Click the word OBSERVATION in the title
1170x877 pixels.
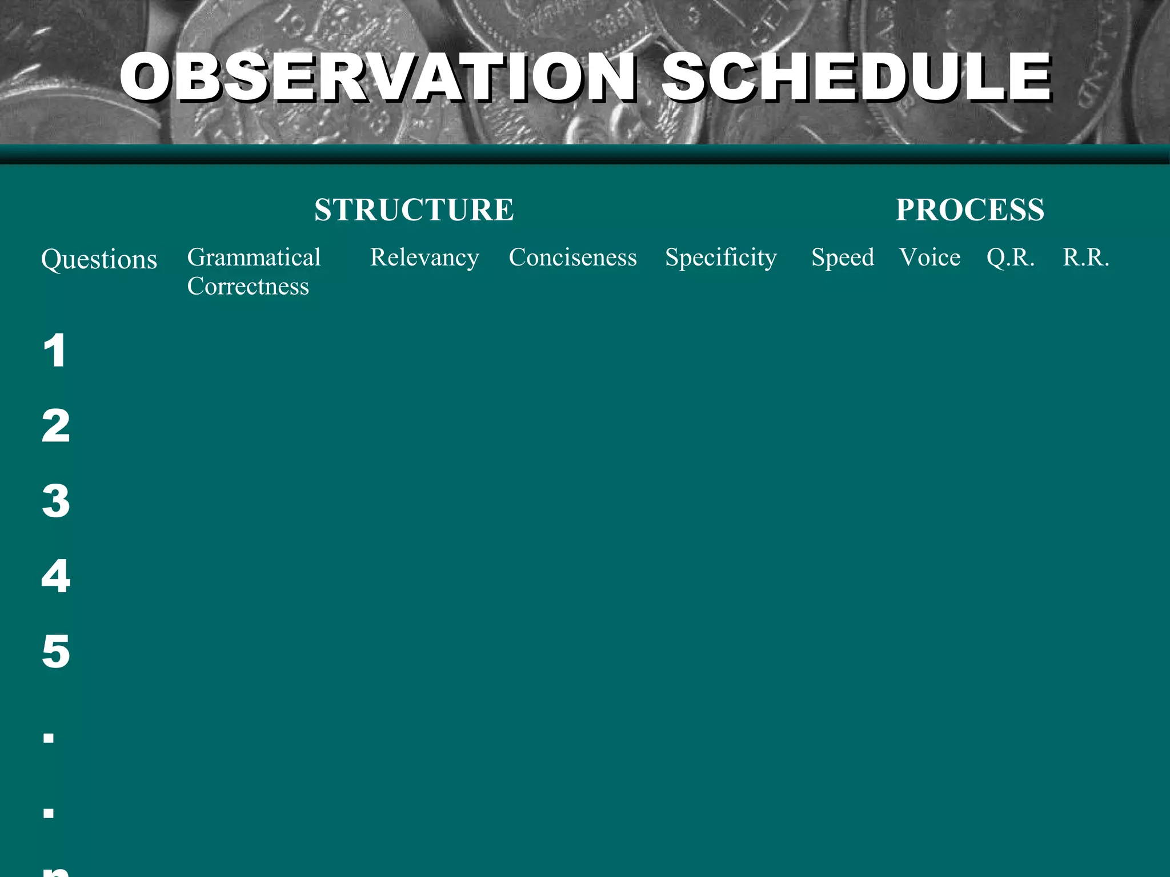(377, 77)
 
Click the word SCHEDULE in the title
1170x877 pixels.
(855, 77)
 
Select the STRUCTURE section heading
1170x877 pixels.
(414, 210)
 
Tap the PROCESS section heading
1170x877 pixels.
(969, 210)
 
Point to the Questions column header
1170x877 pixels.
(99, 260)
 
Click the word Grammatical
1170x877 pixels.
(254, 258)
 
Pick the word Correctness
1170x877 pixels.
(248, 287)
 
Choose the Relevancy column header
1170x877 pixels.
(424, 258)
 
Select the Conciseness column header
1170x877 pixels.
(572, 258)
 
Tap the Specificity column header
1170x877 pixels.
(721, 258)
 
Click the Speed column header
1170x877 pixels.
(843, 258)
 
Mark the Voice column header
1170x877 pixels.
(929, 258)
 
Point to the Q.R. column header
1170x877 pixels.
(1010, 258)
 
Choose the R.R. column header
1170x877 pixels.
(1085, 258)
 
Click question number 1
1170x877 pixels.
(55, 351)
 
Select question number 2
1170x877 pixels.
(56, 426)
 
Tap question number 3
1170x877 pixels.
(56, 501)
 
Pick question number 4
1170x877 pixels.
(56, 576)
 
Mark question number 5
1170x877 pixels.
(56, 651)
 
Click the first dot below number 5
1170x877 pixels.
(49, 738)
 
